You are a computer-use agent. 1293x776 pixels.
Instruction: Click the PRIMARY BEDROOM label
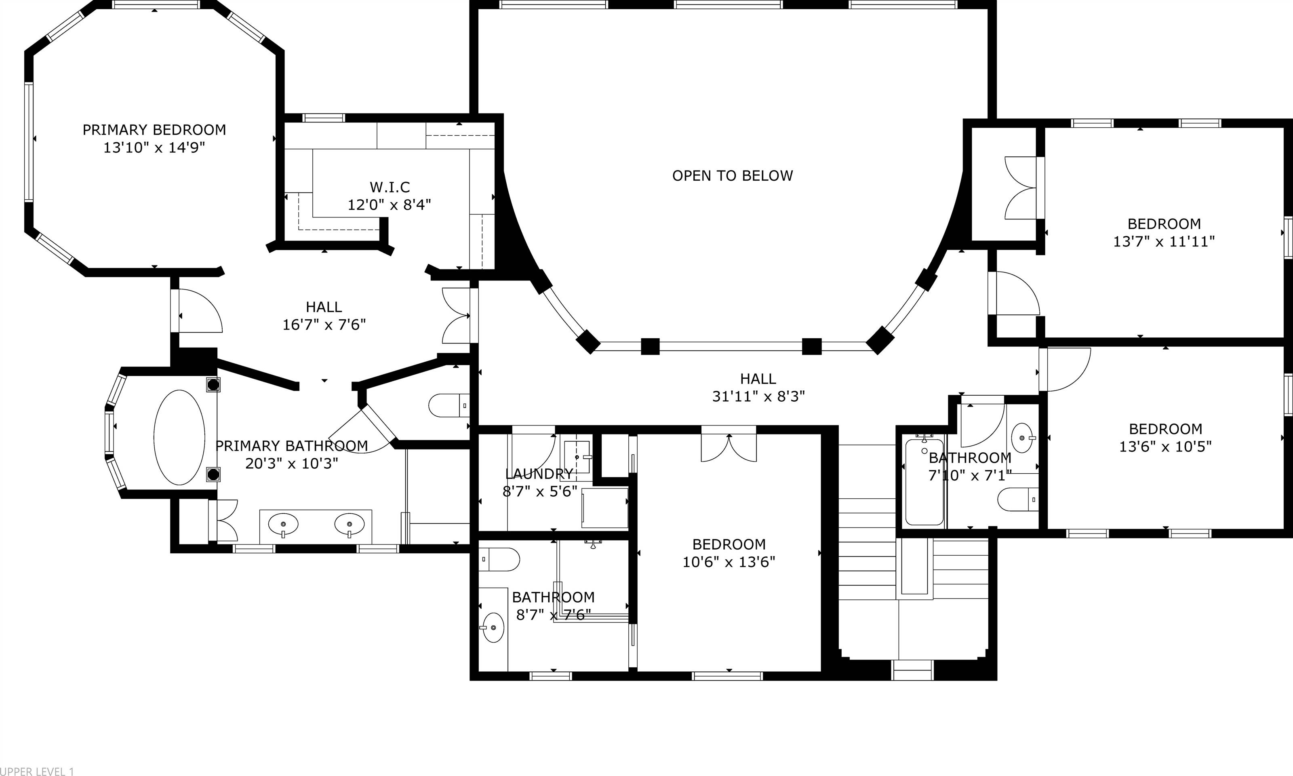point(154,130)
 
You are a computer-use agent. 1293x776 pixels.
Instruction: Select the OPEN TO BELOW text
point(732,176)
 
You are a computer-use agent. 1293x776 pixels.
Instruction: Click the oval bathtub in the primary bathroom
point(179,437)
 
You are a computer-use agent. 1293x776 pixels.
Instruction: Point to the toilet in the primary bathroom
point(449,405)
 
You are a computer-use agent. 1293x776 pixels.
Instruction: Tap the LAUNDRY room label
point(539,474)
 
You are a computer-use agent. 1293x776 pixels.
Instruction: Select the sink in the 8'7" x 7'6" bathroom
point(493,628)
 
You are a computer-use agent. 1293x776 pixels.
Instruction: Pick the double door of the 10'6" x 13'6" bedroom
point(729,447)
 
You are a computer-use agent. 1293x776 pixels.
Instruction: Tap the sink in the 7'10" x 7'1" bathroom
point(1022,438)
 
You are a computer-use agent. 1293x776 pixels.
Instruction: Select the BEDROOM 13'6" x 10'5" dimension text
point(1165,447)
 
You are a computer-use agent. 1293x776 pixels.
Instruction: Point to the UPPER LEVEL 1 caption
point(37,771)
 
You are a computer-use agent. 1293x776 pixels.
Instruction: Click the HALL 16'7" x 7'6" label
point(324,315)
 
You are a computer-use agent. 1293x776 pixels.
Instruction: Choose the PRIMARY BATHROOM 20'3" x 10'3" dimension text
point(292,463)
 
